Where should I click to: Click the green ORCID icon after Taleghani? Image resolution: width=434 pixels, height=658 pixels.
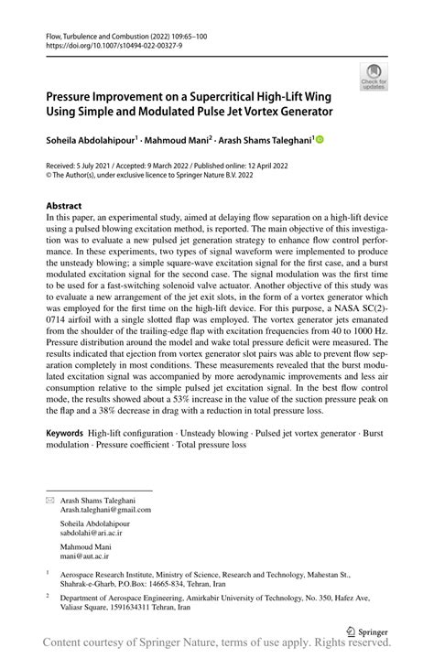click(320, 140)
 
